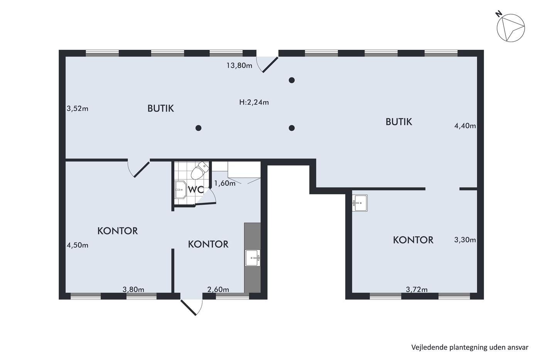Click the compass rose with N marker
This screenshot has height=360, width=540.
510,27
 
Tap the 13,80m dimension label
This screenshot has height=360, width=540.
239,65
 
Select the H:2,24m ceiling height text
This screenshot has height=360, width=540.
254,102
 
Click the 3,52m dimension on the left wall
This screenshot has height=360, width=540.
78,108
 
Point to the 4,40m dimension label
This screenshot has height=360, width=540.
465,126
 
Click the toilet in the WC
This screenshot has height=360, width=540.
200,170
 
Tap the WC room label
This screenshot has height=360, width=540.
196,190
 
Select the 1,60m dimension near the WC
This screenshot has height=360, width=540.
224,183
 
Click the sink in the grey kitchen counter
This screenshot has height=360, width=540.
252,258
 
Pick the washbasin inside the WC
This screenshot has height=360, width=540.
180,189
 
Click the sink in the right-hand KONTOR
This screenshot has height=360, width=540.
359,203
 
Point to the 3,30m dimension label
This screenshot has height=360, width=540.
465,240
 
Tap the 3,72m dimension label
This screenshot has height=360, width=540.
417,289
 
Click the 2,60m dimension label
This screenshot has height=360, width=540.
218,289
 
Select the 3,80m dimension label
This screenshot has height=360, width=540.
133,289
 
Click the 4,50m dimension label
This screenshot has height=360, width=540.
78,245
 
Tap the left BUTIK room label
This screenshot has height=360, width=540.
160,108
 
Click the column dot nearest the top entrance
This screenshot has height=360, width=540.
292,80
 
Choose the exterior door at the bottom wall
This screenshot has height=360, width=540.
192,307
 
